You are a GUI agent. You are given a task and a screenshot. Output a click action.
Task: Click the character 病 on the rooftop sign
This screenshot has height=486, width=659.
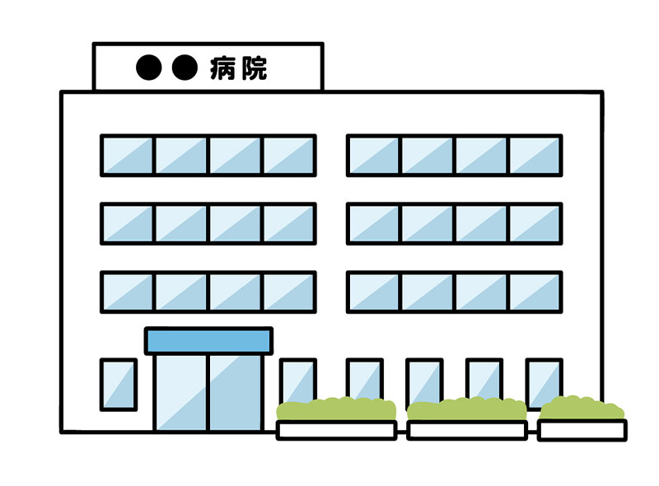pyautogui.click(x=222, y=68)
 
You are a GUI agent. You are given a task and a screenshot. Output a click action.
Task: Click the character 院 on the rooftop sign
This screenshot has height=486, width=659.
pyautogui.click(x=254, y=68)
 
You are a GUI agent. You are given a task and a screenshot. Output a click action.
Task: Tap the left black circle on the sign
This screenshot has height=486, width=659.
pyautogui.click(x=149, y=68)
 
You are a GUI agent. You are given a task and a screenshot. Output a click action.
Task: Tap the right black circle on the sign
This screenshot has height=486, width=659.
pyautogui.click(x=185, y=68)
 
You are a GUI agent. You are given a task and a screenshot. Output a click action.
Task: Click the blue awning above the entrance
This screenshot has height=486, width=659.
pyautogui.click(x=208, y=341)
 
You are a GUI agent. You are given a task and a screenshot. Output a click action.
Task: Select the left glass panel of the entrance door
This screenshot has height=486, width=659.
pyautogui.click(x=181, y=393)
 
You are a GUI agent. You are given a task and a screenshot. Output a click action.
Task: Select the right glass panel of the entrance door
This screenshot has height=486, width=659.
pyautogui.click(x=236, y=393)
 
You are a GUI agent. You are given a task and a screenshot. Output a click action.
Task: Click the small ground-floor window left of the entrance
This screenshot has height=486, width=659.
pyautogui.click(x=119, y=384)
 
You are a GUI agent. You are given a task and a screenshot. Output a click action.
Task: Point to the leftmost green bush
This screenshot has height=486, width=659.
pyautogui.click(x=336, y=409)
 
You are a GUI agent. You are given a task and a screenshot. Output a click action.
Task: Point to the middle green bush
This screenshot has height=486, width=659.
pyautogui.click(x=466, y=409)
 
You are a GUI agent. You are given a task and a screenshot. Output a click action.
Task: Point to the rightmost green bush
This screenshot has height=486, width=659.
pyautogui.click(x=582, y=408)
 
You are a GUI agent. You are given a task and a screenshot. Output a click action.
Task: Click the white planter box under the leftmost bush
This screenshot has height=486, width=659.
pyautogui.click(x=336, y=430)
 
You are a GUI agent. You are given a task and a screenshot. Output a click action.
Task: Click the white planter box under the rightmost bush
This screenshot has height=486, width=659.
pyautogui.click(x=582, y=430)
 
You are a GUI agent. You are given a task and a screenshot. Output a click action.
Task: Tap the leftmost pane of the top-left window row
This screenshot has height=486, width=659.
pyautogui.click(x=128, y=156)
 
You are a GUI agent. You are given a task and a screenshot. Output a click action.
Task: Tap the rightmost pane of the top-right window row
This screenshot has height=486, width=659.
pyautogui.click(x=535, y=156)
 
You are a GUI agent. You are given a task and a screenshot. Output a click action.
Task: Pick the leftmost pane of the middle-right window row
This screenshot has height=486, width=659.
pyautogui.click(x=374, y=224)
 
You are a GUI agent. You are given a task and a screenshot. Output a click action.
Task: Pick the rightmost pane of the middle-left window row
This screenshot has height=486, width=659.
pyautogui.click(x=289, y=224)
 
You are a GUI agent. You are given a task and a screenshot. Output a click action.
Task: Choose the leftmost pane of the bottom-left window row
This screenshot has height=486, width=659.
pyautogui.click(x=128, y=292)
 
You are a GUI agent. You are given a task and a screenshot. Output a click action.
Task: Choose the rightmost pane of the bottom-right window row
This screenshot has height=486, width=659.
pyautogui.click(x=535, y=292)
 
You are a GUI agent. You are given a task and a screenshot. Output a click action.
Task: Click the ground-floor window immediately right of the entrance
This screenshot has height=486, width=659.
pyautogui.click(x=298, y=381)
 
